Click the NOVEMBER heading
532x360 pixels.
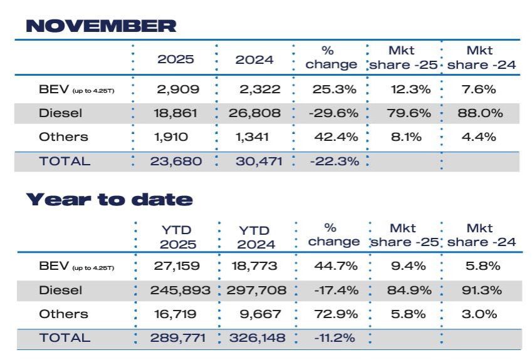101,26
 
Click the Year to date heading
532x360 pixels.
109,200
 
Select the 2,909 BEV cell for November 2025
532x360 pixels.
178,89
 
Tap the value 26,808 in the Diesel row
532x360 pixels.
254,113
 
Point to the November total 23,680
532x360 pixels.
175,161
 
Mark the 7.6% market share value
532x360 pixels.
480,89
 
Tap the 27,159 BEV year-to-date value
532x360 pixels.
177,266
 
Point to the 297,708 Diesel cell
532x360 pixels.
256,291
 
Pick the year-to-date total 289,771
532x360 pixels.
175,338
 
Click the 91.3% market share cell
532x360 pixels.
480,291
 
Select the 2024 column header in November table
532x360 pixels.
254,61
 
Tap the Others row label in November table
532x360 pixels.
63,136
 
